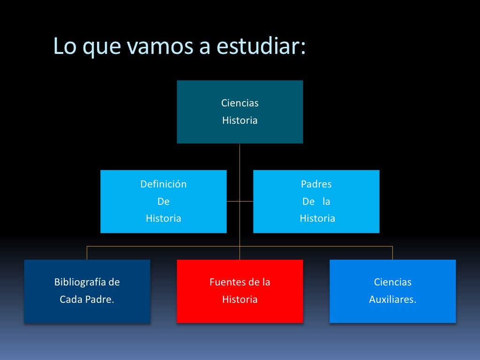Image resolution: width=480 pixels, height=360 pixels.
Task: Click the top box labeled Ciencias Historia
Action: coord(240,112)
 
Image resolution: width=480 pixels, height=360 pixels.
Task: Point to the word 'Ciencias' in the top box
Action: coord(240,103)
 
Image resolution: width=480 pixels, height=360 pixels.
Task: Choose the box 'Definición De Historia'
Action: coord(163,201)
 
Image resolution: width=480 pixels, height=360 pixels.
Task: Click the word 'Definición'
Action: coord(163,184)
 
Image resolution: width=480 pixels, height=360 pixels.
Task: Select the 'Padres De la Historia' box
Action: coord(316,201)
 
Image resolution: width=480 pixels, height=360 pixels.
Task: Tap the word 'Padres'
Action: coord(316,184)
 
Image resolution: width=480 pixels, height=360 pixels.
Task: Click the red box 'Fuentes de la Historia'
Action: coord(240,291)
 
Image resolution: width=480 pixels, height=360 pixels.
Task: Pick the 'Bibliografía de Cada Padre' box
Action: coord(87,291)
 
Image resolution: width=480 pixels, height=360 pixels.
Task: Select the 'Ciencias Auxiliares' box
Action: coord(392,291)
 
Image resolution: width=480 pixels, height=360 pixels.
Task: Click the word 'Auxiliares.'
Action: coord(392,300)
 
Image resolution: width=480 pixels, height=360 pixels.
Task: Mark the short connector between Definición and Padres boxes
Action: coord(240,201)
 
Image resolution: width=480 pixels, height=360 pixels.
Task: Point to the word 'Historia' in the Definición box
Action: coord(163,218)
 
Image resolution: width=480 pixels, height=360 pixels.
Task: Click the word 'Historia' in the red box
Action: coord(240,300)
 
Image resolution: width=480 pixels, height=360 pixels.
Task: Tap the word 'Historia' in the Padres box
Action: coord(317,218)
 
